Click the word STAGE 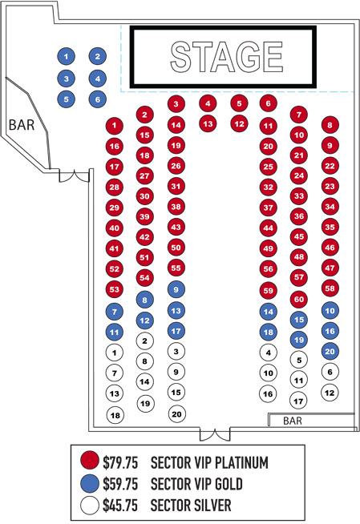click(227, 57)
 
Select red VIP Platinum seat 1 click(115, 126)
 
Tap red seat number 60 click(299, 300)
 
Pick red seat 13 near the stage click(208, 124)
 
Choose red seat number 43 click(176, 228)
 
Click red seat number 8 click(330, 125)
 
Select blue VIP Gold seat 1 click(67, 56)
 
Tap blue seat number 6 click(98, 99)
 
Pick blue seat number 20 click(330, 351)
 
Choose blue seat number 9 click(176, 289)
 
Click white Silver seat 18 click(115, 415)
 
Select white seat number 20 click(176, 414)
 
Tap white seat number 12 click(330, 393)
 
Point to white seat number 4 click(269, 353)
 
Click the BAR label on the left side click(22, 125)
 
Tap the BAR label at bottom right click(293, 421)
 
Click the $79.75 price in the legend click(120, 463)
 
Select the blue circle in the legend click(90, 484)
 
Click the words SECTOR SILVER click(191, 506)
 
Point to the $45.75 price click(120, 506)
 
